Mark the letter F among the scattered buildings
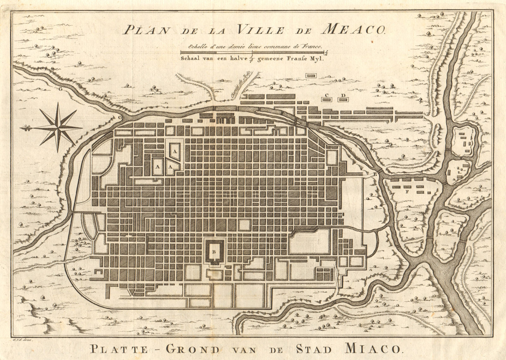tap(407, 191)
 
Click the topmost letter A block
tap(174, 151)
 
